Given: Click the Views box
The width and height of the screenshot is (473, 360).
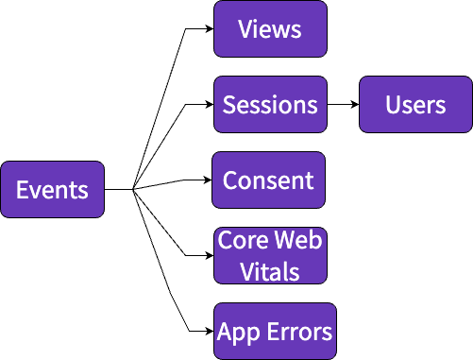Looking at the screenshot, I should [x=270, y=28].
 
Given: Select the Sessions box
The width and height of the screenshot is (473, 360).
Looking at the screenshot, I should [x=270, y=104].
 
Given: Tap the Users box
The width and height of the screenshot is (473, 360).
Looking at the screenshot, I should [x=415, y=104].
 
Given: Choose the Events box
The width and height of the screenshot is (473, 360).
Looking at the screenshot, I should [x=52, y=190].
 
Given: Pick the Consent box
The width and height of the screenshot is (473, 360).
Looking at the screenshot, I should [x=268, y=180].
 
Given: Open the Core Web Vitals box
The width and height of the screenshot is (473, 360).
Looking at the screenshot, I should [x=270, y=256].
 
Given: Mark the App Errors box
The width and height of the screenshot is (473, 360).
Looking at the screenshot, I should [x=275, y=332].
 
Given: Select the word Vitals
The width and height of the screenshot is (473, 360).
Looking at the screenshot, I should [x=270, y=272].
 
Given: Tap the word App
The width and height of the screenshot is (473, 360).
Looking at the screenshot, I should [x=236, y=333].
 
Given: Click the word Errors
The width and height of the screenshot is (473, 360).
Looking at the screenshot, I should [x=296, y=332].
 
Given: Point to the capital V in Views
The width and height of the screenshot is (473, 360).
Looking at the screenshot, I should [x=245, y=28].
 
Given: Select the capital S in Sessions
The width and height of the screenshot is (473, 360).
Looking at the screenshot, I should [x=229, y=104].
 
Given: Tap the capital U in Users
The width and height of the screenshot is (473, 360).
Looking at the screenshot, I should [x=393, y=104].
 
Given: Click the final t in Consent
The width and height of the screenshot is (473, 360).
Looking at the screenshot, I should [x=309, y=180].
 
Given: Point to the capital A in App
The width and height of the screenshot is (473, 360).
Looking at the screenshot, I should [x=225, y=332].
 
